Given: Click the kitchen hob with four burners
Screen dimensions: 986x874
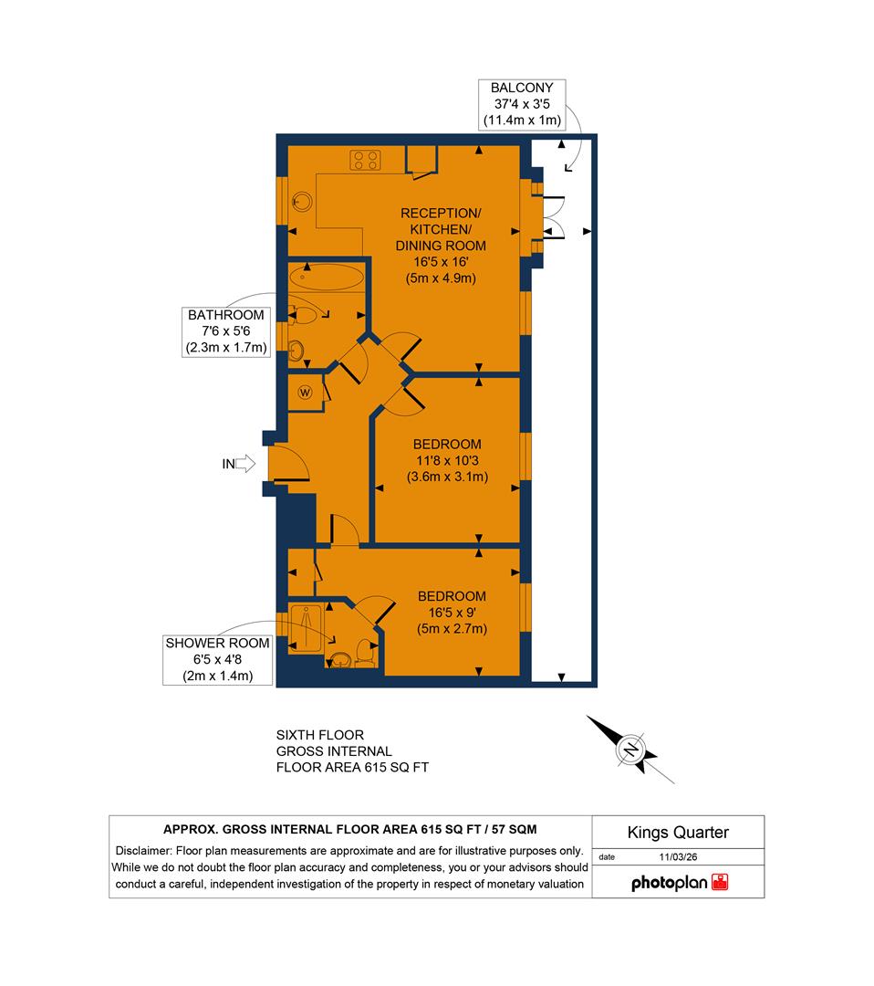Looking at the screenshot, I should pyautogui.click(x=367, y=161).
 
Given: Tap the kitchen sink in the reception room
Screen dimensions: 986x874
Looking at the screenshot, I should pyautogui.click(x=298, y=203).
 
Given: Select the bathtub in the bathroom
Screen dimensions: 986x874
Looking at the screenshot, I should pyautogui.click(x=326, y=277).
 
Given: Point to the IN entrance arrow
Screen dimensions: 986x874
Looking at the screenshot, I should pyautogui.click(x=244, y=465).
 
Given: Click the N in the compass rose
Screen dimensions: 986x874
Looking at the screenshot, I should pyautogui.click(x=630, y=750).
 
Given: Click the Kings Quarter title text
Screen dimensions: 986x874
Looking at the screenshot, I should pyautogui.click(x=678, y=832).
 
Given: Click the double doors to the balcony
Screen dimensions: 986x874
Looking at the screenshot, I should pyautogui.click(x=553, y=217).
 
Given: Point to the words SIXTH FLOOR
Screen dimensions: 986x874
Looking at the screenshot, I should pyautogui.click(x=319, y=734).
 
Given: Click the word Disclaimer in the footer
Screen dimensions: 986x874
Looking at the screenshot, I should pyautogui.click(x=144, y=849).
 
